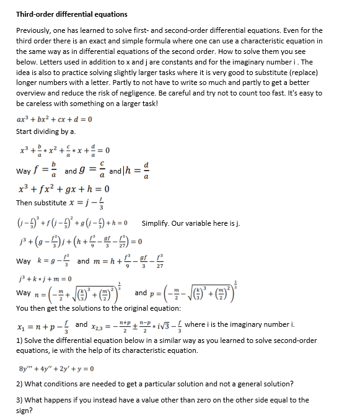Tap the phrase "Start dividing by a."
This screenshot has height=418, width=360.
coord(46,131)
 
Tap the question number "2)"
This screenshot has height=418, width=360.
coord(20,384)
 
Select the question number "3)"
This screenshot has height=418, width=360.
coord(20,400)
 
